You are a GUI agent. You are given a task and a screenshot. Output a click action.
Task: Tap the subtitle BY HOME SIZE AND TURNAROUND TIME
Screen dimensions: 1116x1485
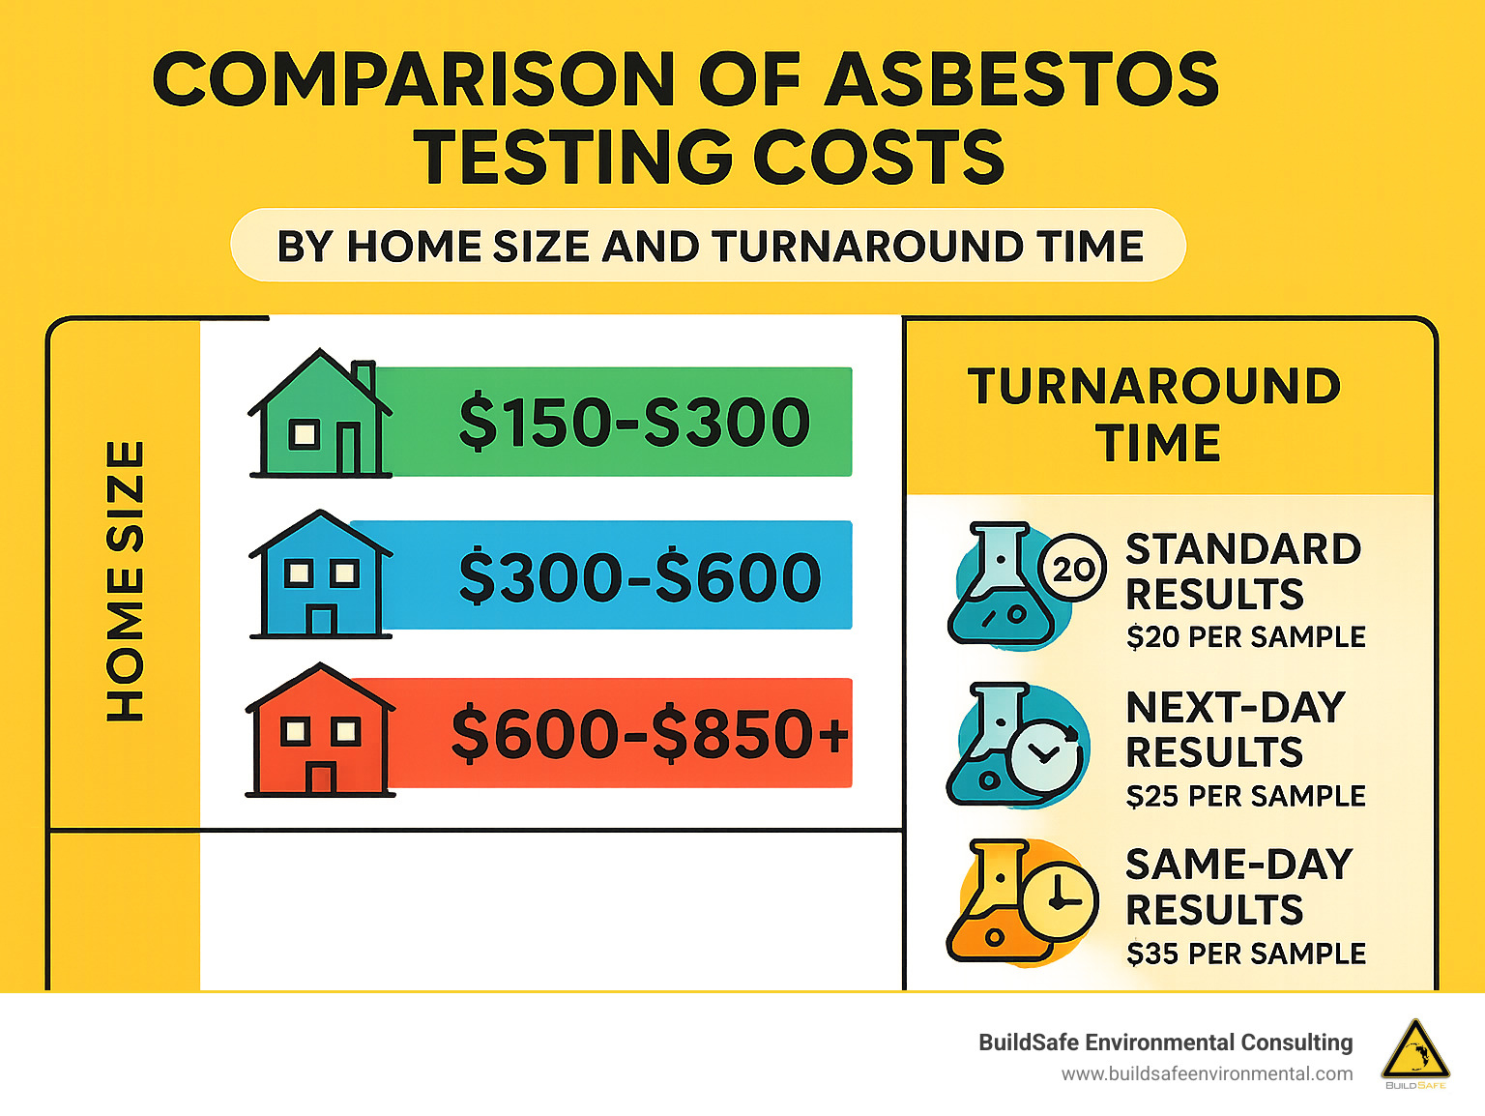tap(710, 247)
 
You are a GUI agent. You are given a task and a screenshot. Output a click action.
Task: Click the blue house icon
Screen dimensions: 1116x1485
tap(321, 574)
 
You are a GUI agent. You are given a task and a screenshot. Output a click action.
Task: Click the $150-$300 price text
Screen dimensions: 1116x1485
tap(634, 423)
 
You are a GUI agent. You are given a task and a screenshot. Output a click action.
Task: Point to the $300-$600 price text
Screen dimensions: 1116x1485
tap(639, 576)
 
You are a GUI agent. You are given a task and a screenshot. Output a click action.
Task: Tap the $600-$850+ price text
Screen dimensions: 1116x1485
tap(650, 733)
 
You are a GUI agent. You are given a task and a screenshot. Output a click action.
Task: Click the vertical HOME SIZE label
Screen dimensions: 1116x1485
tap(126, 580)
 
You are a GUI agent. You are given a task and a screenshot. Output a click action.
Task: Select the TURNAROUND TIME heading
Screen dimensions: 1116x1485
tap(1155, 414)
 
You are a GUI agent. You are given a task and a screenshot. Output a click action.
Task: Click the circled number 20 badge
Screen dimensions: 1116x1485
tap(1072, 568)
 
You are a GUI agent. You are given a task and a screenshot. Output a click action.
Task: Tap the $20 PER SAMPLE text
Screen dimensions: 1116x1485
tap(1245, 637)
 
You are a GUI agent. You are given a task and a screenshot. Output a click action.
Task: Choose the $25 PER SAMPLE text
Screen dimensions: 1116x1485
tap(1245, 796)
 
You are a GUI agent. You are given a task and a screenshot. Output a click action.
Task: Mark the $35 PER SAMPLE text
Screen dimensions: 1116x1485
tap(1245, 954)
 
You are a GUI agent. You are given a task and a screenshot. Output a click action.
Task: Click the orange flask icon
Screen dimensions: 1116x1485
tap(991, 904)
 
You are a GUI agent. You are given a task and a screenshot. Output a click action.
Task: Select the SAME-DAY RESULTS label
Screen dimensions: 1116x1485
tap(1237, 887)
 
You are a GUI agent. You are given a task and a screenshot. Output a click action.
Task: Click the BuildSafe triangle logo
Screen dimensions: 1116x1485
tap(1415, 1051)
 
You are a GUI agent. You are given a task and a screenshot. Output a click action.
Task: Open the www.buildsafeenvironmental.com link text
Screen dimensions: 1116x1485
tap(1207, 1073)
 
